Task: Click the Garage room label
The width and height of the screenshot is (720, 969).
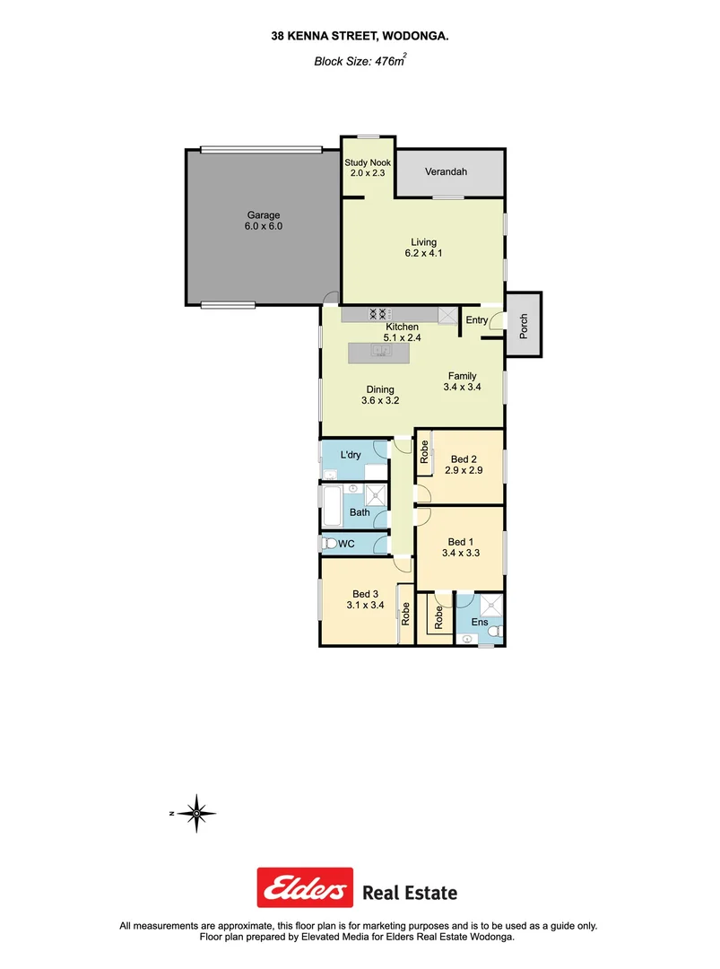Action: (264, 215)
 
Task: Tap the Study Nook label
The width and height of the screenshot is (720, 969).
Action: (367, 162)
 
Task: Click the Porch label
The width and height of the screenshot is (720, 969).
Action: (523, 324)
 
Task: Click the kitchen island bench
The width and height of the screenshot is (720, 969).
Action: (377, 352)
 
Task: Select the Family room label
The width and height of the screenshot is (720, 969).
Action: (462, 376)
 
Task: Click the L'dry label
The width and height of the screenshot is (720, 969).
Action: (351, 455)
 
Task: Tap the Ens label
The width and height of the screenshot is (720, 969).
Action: (480, 622)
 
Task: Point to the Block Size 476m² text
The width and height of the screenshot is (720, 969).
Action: (360, 62)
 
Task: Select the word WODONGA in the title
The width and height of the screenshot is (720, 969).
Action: (415, 37)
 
